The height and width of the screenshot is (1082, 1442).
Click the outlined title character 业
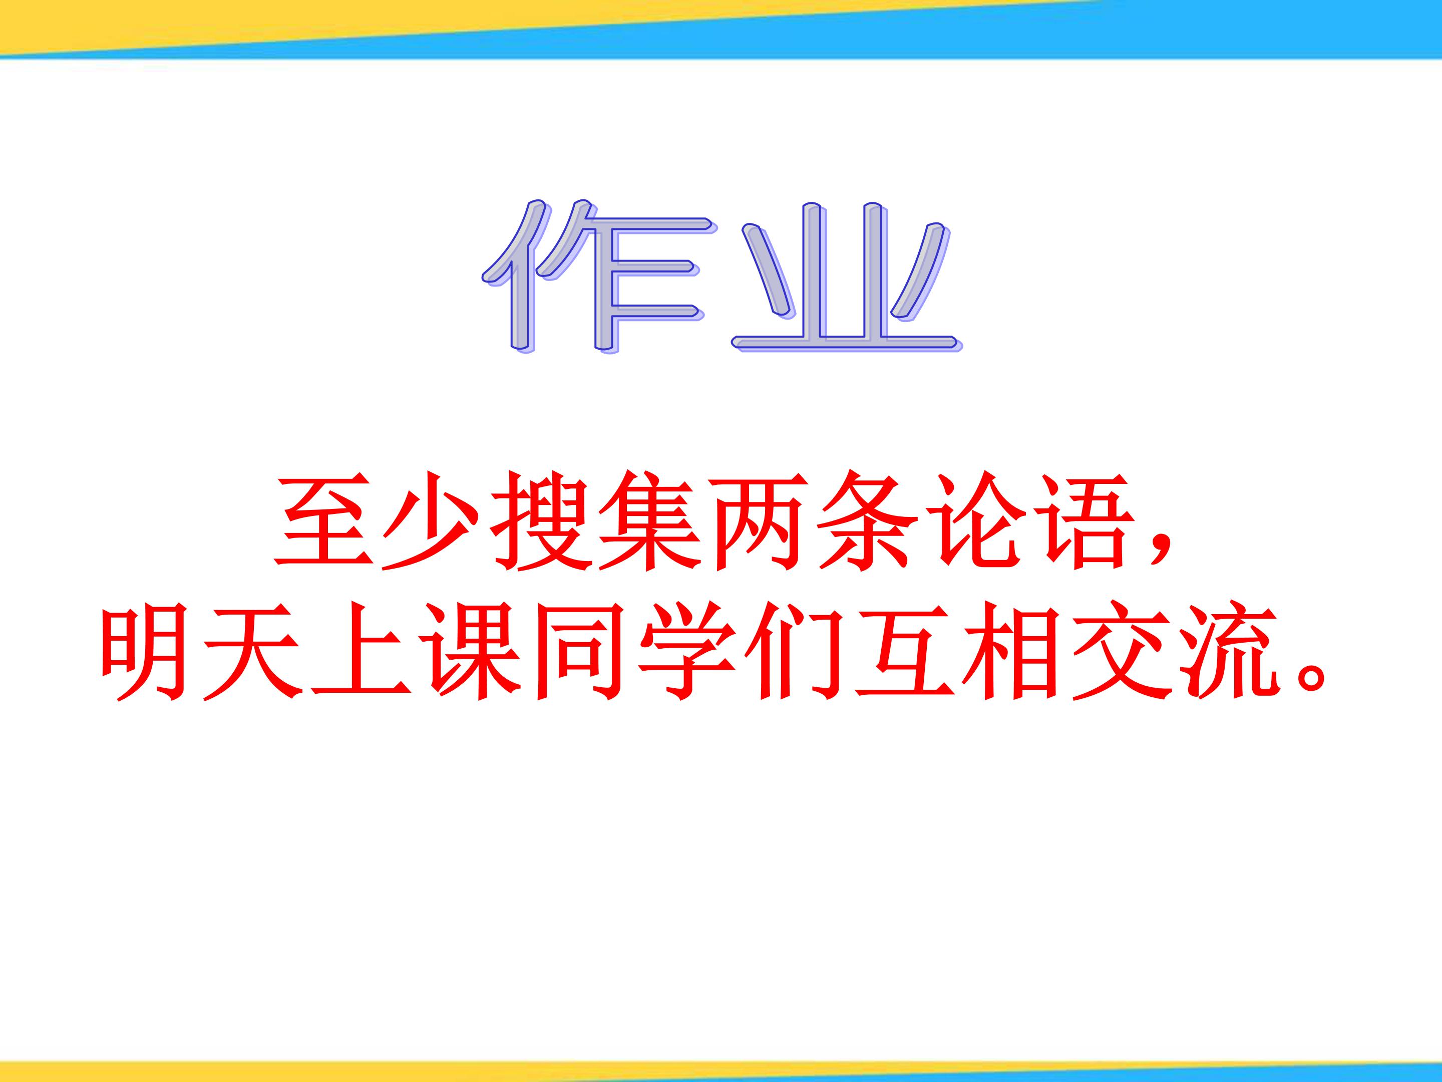846,277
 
